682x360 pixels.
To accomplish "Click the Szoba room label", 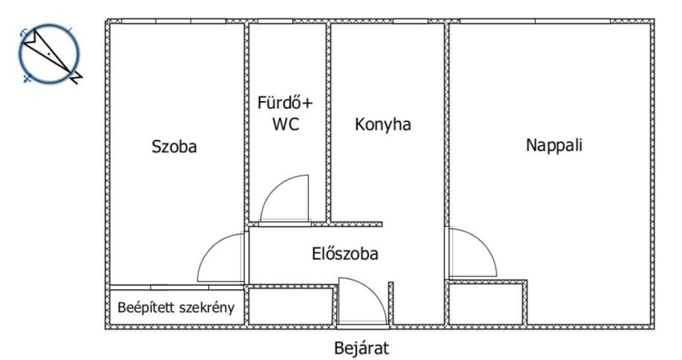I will [174, 147].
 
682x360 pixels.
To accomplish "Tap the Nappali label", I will [554, 145].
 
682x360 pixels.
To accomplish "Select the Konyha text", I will [383, 125].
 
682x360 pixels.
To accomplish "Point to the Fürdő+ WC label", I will [286, 114].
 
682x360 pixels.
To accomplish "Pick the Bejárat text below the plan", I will [361, 348].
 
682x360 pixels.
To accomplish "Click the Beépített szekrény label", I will [176, 307].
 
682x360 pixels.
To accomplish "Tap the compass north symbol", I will [49, 53].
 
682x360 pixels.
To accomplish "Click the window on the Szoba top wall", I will [173, 22].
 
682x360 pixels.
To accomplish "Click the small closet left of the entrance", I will [291, 307].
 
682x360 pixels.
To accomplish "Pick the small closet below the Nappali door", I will [487, 305].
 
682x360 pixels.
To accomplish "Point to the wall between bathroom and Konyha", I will [328, 123].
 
